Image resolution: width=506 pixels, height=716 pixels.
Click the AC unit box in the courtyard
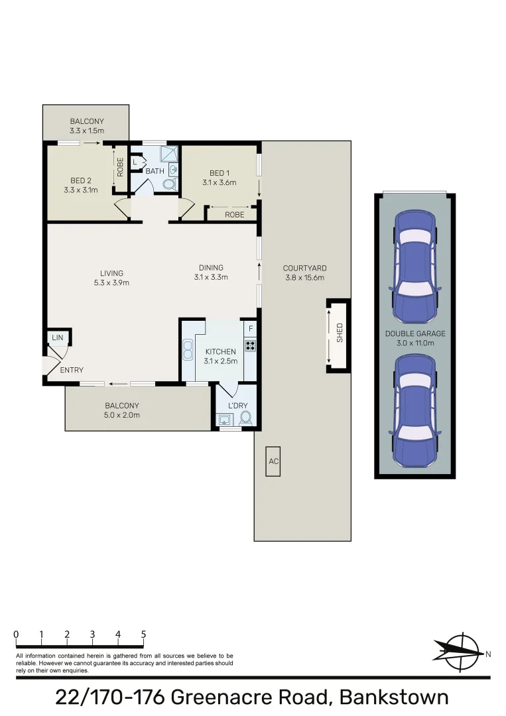(x=273, y=461)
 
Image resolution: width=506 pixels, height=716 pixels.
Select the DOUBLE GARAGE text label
(x=415, y=333)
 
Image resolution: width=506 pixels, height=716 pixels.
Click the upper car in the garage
(x=415, y=265)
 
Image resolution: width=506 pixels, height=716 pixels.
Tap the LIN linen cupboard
(x=58, y=338)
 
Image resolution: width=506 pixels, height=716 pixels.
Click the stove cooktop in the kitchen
(x=250, y=344)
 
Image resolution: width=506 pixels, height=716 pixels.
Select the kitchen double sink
(x=188, y=349)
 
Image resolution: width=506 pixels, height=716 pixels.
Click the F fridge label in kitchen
(x=250, y=328)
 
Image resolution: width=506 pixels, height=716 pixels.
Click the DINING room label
(x=211, y=268)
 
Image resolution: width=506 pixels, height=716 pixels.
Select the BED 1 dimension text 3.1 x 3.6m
(x=220, y=182)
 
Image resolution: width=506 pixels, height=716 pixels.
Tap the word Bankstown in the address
(x=393, y=697)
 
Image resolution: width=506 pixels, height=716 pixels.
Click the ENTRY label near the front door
(x=72, y=370)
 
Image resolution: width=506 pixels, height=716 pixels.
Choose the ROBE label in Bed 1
(x=234, y=215)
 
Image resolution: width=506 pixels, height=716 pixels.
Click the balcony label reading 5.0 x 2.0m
(x=122, y=415)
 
